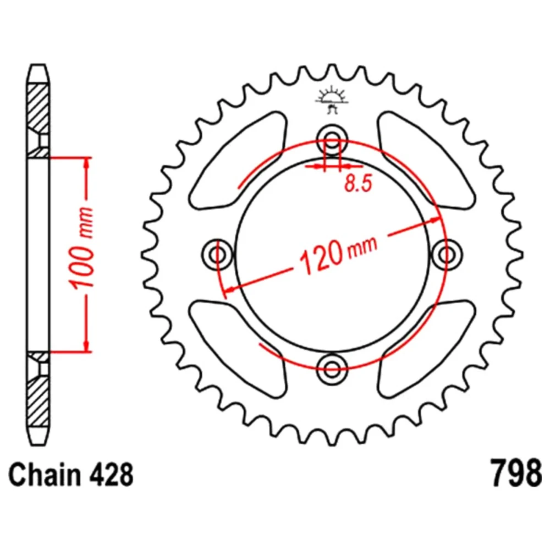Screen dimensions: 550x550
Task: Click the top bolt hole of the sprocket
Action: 332,139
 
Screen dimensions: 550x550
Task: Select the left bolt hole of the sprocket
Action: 217,255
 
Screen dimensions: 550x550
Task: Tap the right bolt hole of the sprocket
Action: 447,255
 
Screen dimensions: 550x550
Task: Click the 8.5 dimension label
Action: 358,183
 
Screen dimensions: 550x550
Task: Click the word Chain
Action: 44,474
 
